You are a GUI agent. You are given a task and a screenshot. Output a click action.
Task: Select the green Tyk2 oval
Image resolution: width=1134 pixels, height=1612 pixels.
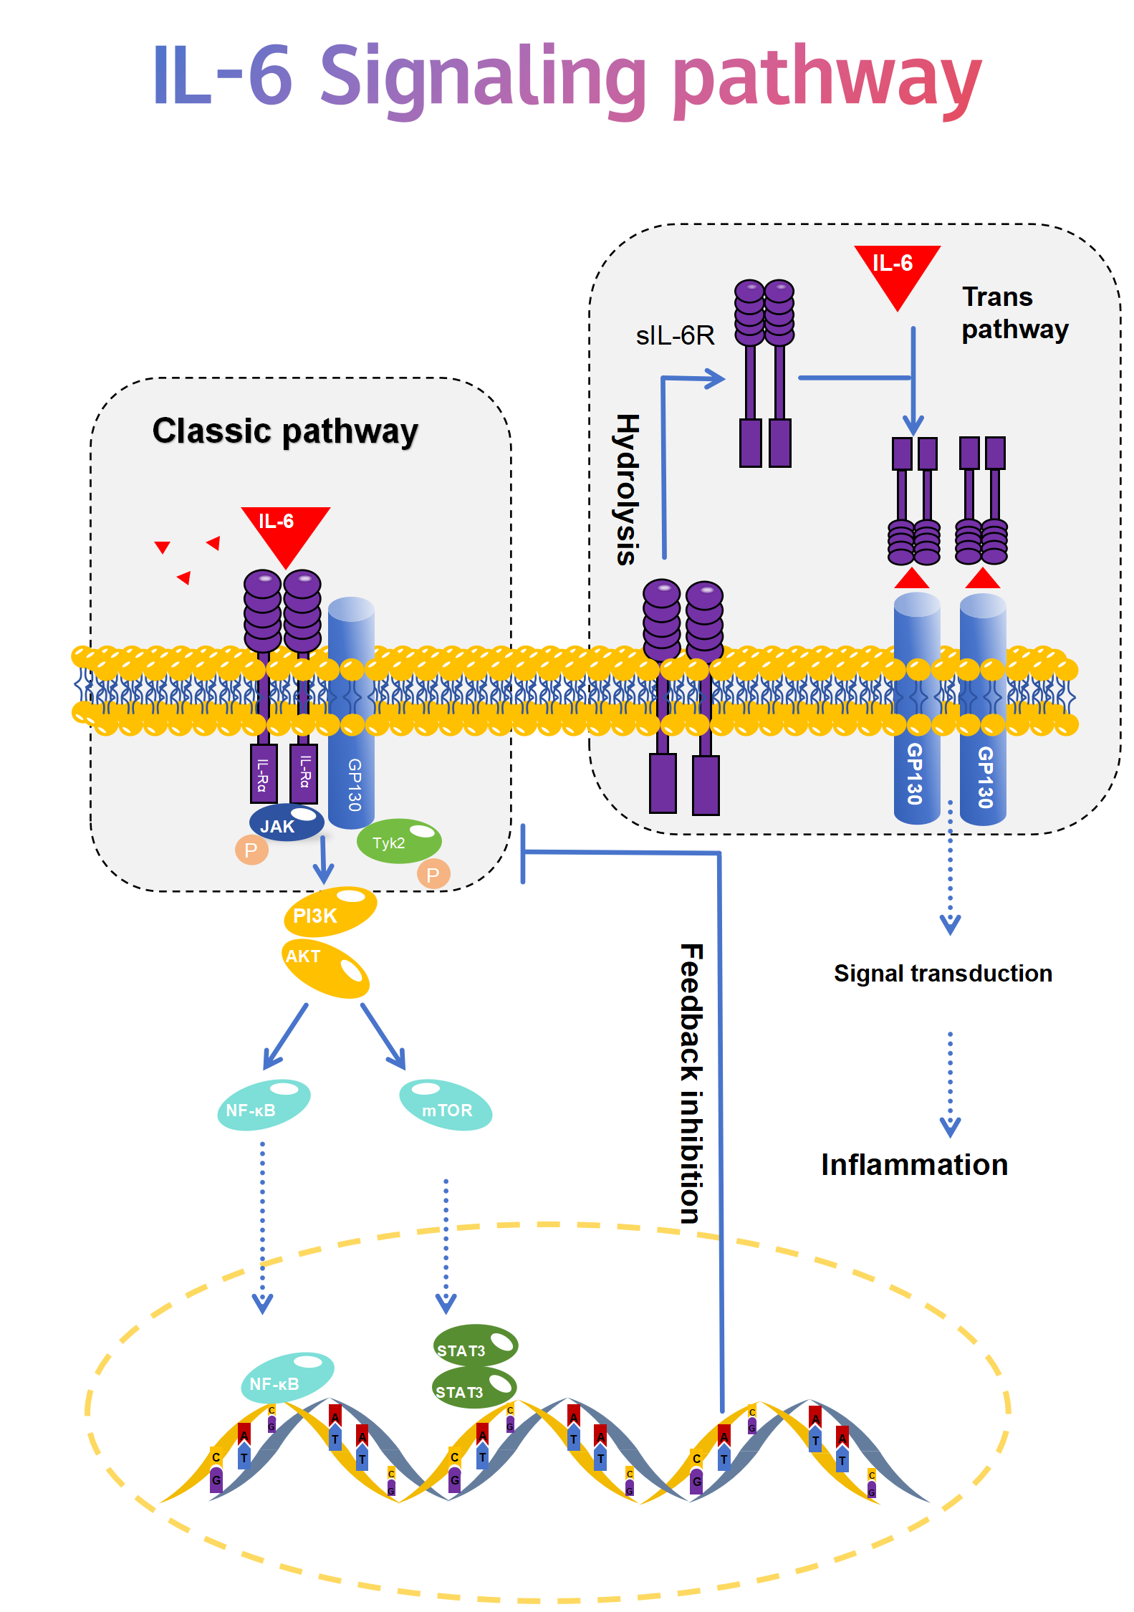(x=398, y=841)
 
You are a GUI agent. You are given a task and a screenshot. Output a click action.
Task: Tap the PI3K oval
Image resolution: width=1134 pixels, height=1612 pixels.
(x=330, y=912)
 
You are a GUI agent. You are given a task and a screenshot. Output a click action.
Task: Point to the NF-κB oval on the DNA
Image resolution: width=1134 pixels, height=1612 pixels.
(x=287, y=1377)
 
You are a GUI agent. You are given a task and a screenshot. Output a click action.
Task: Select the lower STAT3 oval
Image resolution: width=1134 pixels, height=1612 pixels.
(x=473, y=1388)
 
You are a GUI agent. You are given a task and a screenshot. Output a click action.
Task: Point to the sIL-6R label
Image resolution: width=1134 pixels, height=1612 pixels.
(x=675, y=335)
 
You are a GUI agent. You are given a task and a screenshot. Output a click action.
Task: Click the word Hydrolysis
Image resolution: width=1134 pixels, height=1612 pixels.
(x=627, y=489)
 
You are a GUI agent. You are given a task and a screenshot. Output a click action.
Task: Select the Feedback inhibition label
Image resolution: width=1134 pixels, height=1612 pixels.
(x=691, y=1083)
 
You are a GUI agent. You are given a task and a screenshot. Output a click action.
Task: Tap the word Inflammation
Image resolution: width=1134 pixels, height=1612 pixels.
(x=914, y=1165)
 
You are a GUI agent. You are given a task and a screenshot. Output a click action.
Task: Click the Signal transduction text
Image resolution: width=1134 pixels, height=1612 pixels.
(x=943, y=974)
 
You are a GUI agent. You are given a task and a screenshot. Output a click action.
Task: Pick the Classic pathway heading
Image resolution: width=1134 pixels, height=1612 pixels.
(x=285, y=431)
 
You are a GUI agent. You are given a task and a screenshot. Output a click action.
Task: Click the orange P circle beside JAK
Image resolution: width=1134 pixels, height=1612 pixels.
(x=251, y=850)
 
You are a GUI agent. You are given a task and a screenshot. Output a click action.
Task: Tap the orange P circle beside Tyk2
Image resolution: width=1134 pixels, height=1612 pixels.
(x=433, y=874)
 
